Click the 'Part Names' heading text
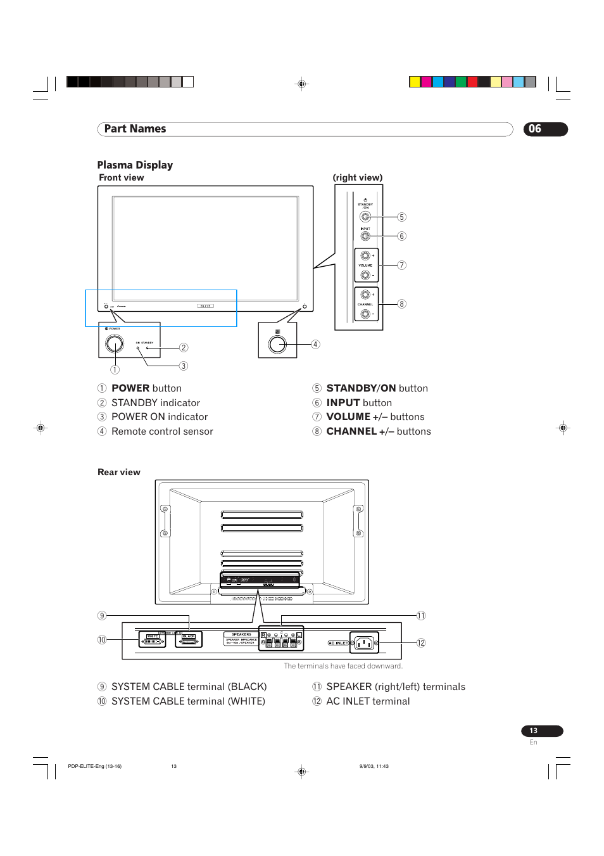pyautogui.click(x=135, y=129)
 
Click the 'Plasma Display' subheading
pyautogui.click(x=135, y=165)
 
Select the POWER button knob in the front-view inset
pyautogui.click(x=115, y=343)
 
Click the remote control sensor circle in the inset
pyautogui.click(x=277, y=344)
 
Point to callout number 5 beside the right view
pyautogui.click(x=401, y=217)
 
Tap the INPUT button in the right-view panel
pyautogui.click(x=365, y=236)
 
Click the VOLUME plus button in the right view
pyautogui.click(x=365, y=256)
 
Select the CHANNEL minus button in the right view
pyautogui.click(x=365, y=314)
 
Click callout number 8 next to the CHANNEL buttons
pyautogui.click(x=401, y=304)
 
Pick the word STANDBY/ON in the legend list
pyautogui.click(x=361, y=388)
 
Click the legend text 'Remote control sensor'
pyautogui.click(x=162, y=431)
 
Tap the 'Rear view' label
pyautogui.click(x=119, y=472)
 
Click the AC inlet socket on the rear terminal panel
pyautogui.click(x=364, y=643)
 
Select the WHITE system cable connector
pyautogui.click(x=152, y=641)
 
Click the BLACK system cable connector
pyautogui.click(x=189, y=641)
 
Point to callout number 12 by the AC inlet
pyautogui.click(x=421, y=642)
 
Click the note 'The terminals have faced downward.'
pyautogui.click(x=343, y=666)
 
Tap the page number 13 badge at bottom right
pyautogui.click(x=541, y=731)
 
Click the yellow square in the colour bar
pyautogui.click(x=415, y=82)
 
